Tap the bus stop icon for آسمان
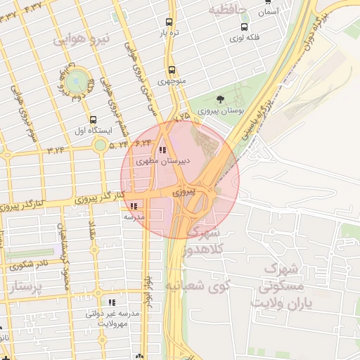coord(268,2)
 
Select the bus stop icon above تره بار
coord(169,22)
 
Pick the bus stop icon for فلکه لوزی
coord(244,27)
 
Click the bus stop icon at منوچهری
coord(171,70)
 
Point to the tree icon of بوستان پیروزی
coord(221,98)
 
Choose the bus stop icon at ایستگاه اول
coord(94,120)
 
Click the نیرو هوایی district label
coord(80,39)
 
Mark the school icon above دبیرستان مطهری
coord(162,150)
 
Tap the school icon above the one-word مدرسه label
coord(134,206)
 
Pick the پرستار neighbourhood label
coord(27,286)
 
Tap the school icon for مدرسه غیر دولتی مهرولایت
coord(112,302)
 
